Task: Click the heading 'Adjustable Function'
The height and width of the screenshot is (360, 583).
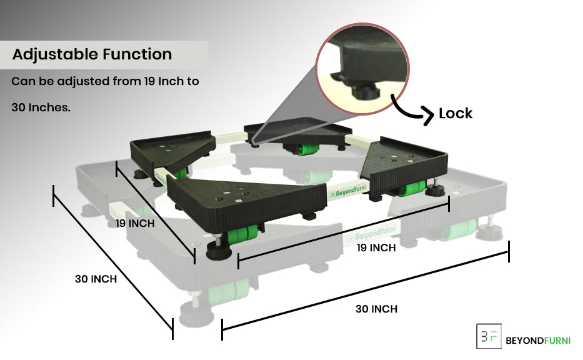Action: pos(92,54)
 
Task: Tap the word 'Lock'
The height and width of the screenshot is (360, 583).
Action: pos(455,113)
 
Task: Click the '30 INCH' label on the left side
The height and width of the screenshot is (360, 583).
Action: pos(96,279)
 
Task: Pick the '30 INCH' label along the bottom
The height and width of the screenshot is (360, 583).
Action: pos(376,309)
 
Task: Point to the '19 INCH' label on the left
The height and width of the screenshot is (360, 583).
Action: pos(135,223)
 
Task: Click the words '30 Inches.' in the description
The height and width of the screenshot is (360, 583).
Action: pos(41,107)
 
